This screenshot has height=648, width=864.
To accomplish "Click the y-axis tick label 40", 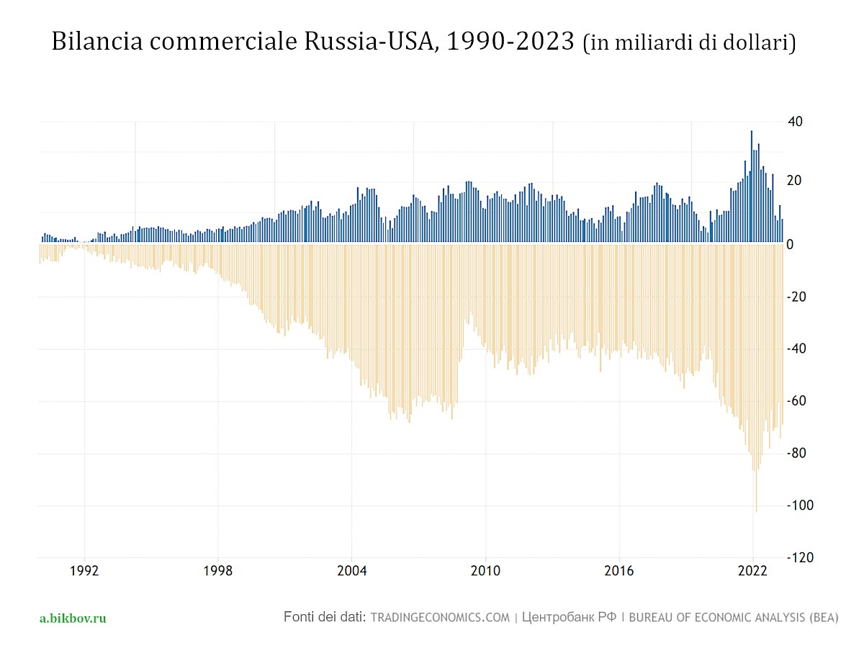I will (x=794, y=121).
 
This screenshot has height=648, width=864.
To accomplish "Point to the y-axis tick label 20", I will (x=794, y=181).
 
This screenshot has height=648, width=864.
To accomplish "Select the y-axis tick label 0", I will (x=790, y=245).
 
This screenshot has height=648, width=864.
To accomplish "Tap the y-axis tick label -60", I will (x=796, y=401).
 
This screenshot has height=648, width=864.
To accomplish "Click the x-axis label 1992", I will (x=85, y=572).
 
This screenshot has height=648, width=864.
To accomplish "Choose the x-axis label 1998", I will (x=218, y=572).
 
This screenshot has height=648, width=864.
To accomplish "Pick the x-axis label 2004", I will (x=352, y=572).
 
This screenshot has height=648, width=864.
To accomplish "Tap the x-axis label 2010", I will (x=485, y=572).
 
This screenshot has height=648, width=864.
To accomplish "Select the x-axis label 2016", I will (x=619, y=572).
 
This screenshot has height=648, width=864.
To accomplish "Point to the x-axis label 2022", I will (x=752, y=572).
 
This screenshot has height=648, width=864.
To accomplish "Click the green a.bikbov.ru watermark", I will (x=73, y=618).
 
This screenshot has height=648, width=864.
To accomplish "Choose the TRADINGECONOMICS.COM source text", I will (x=440, y=618).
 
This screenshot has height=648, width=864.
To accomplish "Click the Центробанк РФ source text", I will (x=569, y=618).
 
